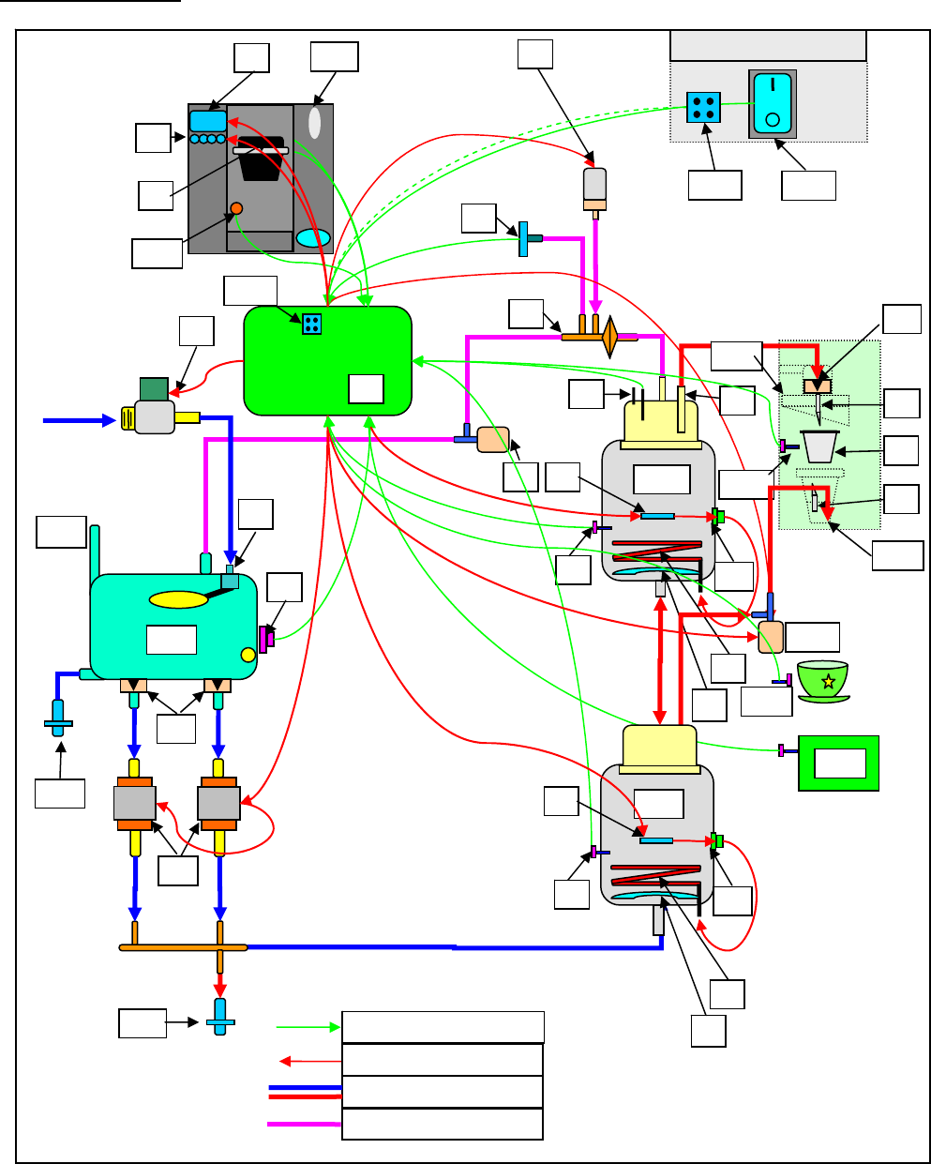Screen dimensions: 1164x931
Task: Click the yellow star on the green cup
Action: tap(828, 682)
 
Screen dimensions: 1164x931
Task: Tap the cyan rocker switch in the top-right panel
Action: tap(772, 103)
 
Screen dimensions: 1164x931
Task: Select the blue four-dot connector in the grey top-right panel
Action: tap(702, 107)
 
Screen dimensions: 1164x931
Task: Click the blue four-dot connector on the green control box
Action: tap(312, 324)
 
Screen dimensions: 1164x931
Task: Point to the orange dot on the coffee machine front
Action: tap(236, 208)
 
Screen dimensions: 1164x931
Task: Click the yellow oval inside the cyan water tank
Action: tap(178, 599)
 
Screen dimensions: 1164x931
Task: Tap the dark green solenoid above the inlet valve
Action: tap(153, 388)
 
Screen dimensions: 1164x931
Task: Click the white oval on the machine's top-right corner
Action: tap(314, 124)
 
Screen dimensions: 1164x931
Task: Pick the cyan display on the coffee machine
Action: tap(208, 121)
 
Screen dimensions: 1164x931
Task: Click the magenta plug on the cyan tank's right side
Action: tap(265, 639)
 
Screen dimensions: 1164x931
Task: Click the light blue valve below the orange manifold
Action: tap(220, 1017)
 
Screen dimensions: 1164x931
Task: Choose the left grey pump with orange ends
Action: tap(134, 804)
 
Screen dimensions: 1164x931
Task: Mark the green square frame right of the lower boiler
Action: tap(838, 763)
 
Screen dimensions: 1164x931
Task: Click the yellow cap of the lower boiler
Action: tap(660, 748)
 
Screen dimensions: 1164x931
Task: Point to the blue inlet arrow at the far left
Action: tap(79, 421)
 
